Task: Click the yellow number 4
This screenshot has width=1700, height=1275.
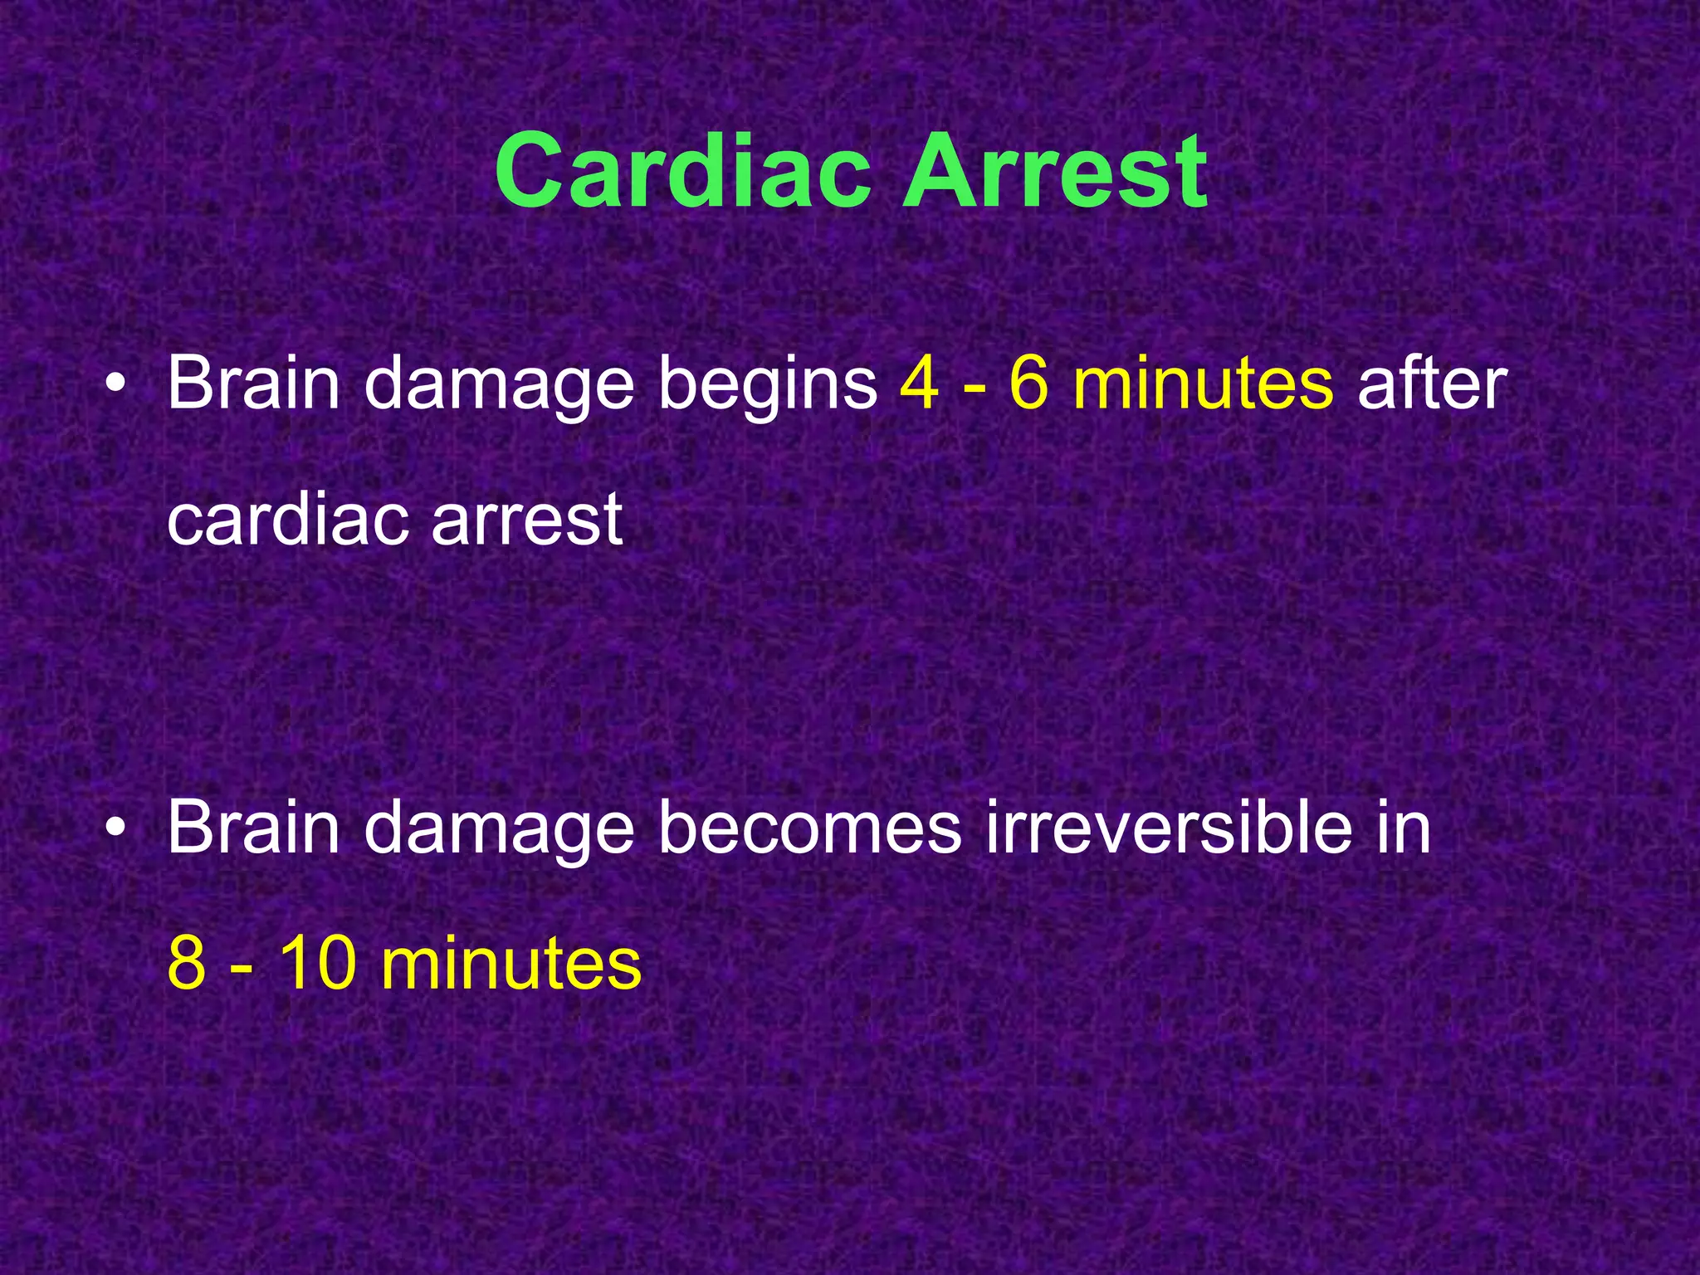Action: pos(919,383)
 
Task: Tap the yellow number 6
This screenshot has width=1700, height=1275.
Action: pos(1029,383)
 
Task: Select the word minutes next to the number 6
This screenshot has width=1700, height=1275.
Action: pos(1203,383)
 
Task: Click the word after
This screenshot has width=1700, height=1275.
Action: pos(1432,383)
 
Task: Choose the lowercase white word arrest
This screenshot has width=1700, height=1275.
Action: pos(527,520)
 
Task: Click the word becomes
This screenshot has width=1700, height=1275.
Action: pos(809,828)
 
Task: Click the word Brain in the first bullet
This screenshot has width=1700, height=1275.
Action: pos(254,383)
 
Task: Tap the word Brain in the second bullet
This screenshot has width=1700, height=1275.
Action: pos(254,828)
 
